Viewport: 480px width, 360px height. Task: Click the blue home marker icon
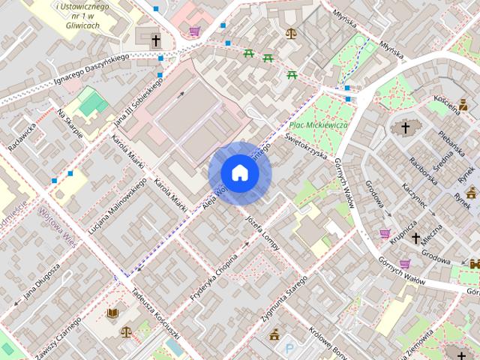pyautogui.click(x=239, y=173)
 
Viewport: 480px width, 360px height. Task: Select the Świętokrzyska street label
pyautogui.click(x=307, y=145)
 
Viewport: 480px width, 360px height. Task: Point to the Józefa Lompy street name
pyautogui.click(x=262, y=230)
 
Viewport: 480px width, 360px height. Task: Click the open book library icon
pyautogui.click(x=112, y=313)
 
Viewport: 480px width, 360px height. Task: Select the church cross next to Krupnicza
pyautogui.click(x=415, y=238)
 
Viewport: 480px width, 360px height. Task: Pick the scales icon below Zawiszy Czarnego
pyautogui.click(x=125, y=331)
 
